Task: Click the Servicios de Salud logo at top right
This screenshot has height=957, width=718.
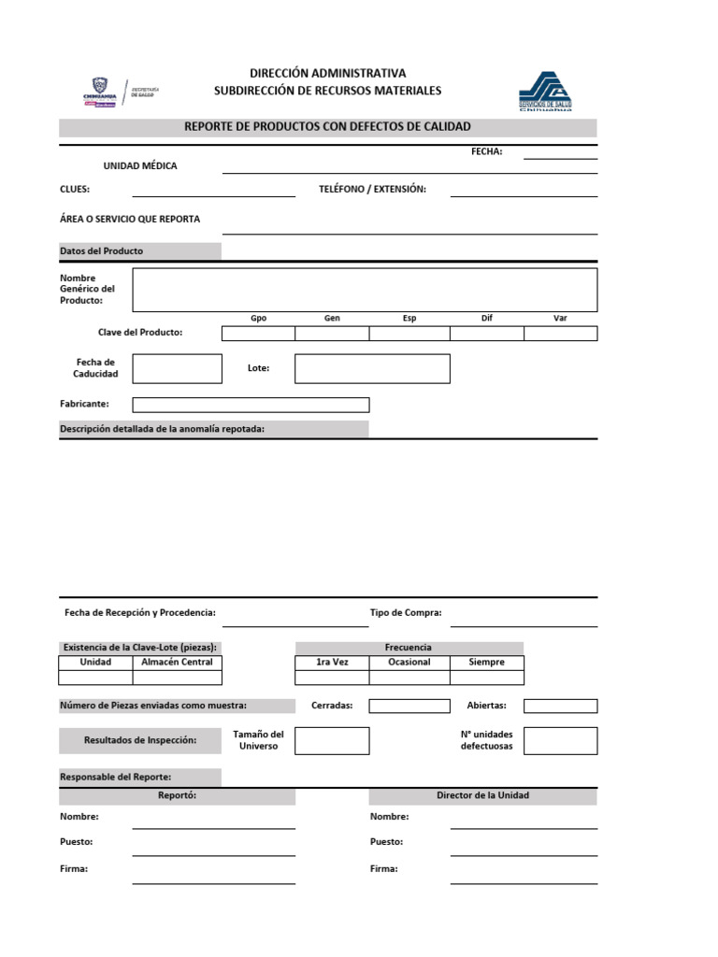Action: click(545, 92)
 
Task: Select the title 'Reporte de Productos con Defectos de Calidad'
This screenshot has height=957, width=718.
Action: click(327, 127)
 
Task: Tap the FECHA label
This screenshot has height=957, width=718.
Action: click(487, 151)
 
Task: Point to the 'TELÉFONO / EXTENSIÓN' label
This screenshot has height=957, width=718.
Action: click(372, 189)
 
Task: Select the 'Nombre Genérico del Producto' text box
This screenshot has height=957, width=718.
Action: click(365, 290)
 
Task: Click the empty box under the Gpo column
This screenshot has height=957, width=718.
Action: click(258, 334)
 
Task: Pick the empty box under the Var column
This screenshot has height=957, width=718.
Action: click(560, 334)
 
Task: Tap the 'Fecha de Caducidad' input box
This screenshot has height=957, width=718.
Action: click(177, 368)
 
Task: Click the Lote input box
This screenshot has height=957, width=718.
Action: click(372, 368)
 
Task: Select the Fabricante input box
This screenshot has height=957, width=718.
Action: click(251, 405)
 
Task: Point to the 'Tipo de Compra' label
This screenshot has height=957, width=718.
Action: click(406, 613)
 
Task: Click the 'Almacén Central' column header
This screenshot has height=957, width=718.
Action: click(177, 662)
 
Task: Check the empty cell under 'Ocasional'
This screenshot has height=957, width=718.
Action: click(409, 678)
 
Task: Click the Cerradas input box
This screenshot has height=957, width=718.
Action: click(409, 706)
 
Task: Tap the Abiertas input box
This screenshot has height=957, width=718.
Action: click(560, 706)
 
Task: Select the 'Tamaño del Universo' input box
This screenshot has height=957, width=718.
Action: click(332, 740)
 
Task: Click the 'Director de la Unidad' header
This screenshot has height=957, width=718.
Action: click(482, 795)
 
